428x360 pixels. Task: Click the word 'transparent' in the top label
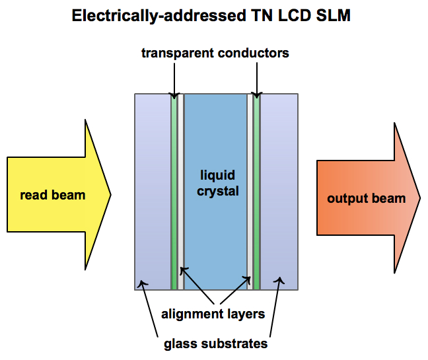point(176,53)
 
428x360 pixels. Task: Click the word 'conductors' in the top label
point(252,53)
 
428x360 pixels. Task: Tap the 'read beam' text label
point(53,195)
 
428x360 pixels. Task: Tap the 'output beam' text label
point(366,198)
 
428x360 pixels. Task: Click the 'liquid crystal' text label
point(219,183)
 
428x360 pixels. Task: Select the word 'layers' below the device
point(245,314)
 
